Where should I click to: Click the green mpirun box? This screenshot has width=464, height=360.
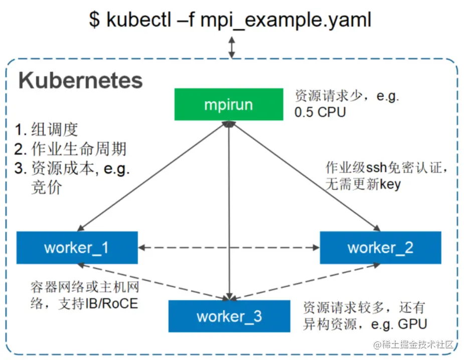click(x=228, y=104)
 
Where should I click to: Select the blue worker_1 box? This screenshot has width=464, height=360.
click(x=77, y=248)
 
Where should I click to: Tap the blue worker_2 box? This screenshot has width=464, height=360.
click(x=380, y=248)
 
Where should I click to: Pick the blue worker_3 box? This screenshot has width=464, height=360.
click(x=229, y=316)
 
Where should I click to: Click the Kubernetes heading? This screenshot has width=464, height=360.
click(x=81, y=81)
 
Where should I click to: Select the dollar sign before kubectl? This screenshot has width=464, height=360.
click(x=94, y=20)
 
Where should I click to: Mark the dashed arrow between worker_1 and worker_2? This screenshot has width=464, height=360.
click(x=229, y=247)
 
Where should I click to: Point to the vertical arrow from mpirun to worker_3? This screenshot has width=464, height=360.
click(x=229, y=211)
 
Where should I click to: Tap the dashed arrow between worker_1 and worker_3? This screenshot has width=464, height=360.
click(x=150, y=281)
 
